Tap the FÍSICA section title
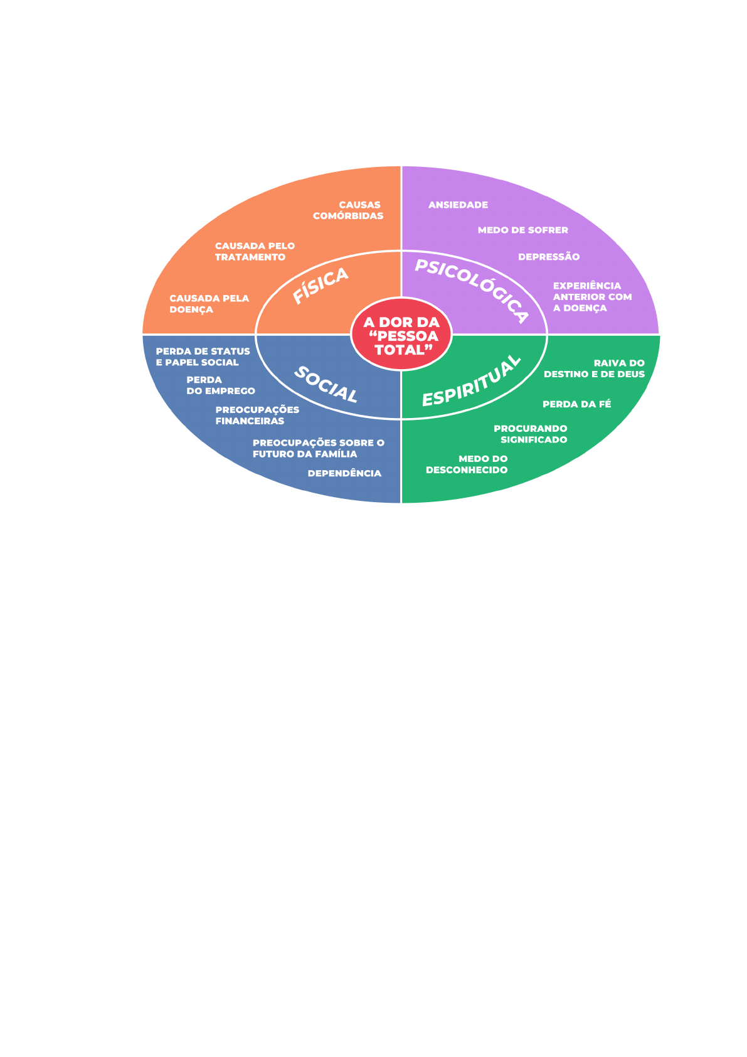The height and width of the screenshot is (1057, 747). (x=321, y=286)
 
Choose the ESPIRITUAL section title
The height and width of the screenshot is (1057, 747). (x=472, y=381)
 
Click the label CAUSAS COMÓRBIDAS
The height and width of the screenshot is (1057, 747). (x=348, y=210)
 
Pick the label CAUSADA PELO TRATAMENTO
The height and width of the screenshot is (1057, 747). (x=255, y=252)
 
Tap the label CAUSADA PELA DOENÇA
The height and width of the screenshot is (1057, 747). (x=209, y=304)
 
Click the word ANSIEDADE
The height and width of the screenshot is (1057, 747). (x=458, y=205)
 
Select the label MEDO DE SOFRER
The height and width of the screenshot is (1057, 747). (x=522, y=230)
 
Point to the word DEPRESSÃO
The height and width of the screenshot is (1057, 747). (x=549, y=257)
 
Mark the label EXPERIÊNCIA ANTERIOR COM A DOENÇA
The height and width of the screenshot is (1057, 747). (x=592, y=297)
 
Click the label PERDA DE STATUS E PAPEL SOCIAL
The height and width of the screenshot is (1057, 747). (x=203, y=357)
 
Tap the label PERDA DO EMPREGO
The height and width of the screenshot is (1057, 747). (x=221, y=385)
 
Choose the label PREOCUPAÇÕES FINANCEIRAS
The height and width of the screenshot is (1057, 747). (x=257, y=416)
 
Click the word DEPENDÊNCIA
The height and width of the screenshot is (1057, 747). (x=344, y=473)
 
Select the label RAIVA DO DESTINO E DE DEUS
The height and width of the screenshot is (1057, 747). (x=594, y=368)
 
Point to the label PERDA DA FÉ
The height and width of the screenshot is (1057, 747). (x=576, y=404)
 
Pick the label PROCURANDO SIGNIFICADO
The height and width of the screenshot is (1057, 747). (x=531, y=434)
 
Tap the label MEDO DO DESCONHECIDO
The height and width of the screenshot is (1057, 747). (x=467, y=464)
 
